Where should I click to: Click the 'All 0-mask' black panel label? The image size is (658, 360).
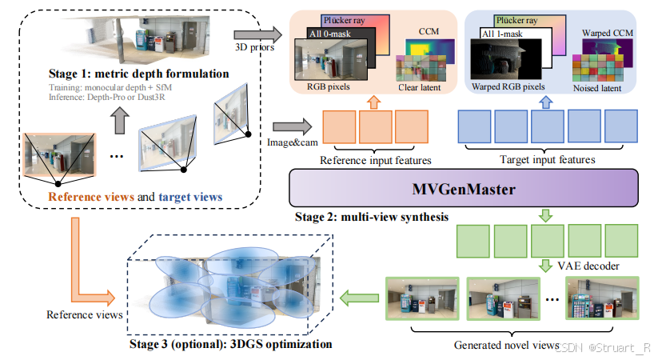tap(334, 34)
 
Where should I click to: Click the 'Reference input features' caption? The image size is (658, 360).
tap(370, 159)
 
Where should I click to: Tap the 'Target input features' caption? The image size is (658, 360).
tap(548, 159)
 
